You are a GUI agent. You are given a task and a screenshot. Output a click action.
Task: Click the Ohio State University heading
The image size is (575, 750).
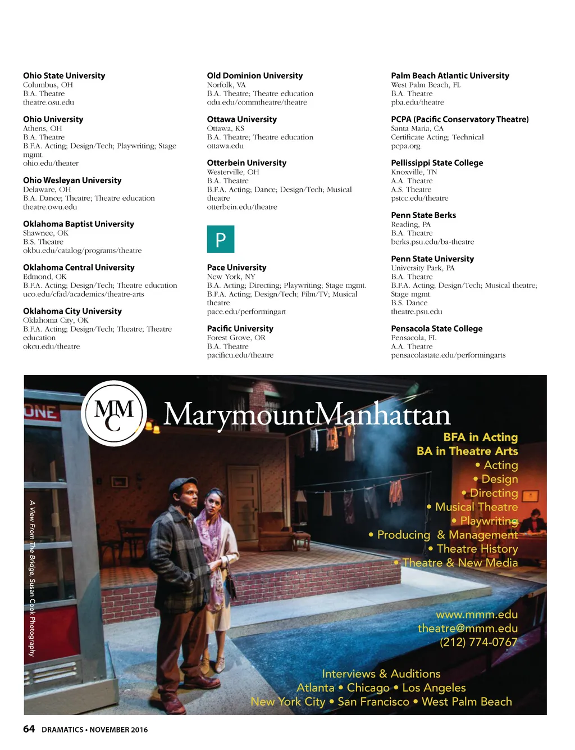pos(64,76)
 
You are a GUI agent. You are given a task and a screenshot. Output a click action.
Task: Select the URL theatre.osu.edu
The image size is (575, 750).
pos(48,102)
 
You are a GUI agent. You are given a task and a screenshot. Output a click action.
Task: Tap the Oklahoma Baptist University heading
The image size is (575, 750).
pos(79,224)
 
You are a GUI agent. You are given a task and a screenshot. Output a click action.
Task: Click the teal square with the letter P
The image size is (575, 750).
pos(221,240)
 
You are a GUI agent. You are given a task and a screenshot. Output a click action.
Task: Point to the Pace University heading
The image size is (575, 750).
pos(236,268)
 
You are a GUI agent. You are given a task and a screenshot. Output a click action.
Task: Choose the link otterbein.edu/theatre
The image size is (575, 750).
pos(242,207)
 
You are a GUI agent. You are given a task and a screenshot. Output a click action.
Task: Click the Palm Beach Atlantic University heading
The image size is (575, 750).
pos(450,76)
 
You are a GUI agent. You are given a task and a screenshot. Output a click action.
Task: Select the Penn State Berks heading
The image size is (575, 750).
pos(423,215)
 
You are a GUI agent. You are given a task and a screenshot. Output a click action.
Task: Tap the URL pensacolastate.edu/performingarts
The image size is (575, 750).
pos(448,355)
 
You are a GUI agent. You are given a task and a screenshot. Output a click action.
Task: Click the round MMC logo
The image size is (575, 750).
pos(114,413)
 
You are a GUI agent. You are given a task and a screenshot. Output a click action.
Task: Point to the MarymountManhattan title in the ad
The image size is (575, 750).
pos(307,415)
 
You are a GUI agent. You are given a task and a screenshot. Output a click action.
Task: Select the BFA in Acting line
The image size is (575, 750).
pos(480,437)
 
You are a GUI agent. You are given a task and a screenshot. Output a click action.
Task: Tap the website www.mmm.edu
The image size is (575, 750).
pos(476,615)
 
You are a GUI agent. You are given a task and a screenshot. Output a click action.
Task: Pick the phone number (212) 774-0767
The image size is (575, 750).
pos(478,642)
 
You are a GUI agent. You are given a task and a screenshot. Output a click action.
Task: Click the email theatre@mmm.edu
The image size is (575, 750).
pos(467,629)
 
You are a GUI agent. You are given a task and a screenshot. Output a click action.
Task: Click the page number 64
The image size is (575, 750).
pos(29,729)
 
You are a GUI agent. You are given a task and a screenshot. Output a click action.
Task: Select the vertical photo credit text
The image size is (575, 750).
pos(33,578)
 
